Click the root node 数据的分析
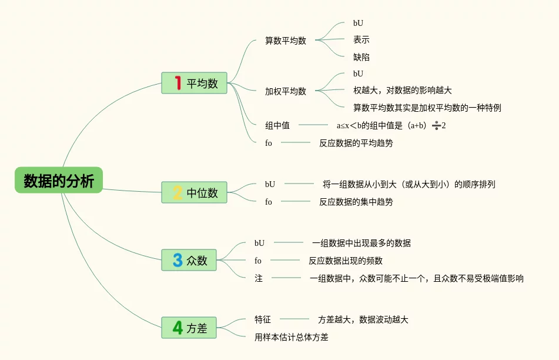point(59,181)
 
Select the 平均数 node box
point(195,83)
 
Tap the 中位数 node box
point(195,192)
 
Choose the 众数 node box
point(189,260)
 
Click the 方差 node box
point(189,328)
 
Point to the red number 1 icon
point(178,83)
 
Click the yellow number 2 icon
point(178,192)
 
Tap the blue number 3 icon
point(178,260)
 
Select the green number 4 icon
point(178,328)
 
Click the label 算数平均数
point(286,41)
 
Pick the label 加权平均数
point(286,91)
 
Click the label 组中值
point(277,125)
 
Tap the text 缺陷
point(361,58)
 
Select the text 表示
point(361,40)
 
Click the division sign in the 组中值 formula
point(436,125)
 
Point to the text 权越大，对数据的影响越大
point(403,91)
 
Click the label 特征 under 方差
point(263,319)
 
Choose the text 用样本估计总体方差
point(292,337)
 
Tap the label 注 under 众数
point(259,278)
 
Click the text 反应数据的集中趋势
point(356,202)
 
